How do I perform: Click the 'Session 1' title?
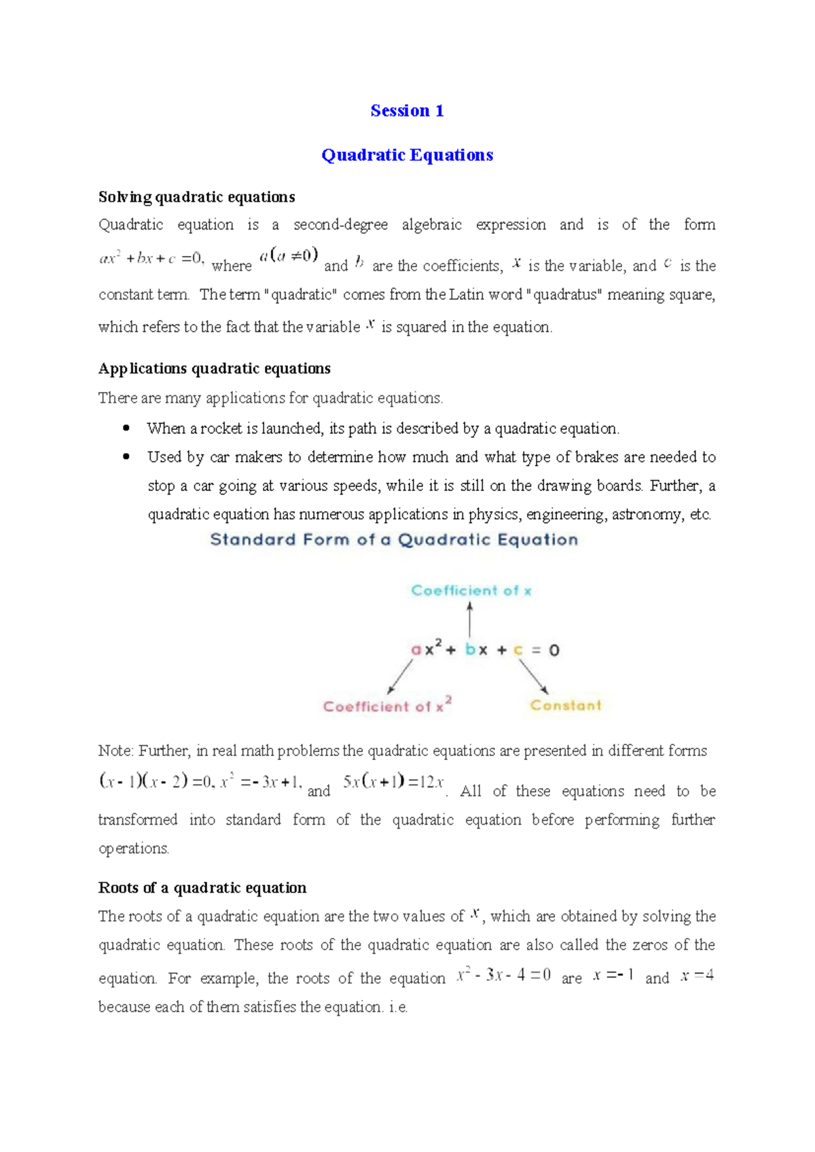[407, 111]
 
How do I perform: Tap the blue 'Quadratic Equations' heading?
[407, 155]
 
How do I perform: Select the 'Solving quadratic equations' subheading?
[196, 197]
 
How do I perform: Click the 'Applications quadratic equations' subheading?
[214, 368]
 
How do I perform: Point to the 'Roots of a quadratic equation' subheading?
[202, 888]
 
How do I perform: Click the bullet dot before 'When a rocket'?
[126, 428]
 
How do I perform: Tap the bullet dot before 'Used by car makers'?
[126, 456]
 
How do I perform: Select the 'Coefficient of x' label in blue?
[471, 591]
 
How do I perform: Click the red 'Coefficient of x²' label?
[387, 706]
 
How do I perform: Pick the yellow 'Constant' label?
[566, 705]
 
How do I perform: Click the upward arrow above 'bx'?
[469, 619]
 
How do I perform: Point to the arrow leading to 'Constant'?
[534, 677]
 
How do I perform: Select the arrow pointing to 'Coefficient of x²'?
[400, 677]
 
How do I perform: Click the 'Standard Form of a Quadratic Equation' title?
[394, 540]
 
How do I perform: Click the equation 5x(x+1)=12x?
[393, 782]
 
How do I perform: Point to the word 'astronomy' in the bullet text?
[649, 514]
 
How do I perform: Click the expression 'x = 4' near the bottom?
[697, 976]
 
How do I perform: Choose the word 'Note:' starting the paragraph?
[115, 751]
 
